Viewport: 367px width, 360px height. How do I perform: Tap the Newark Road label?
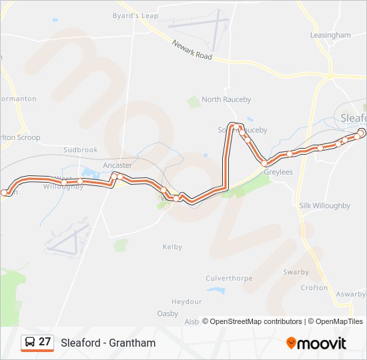point(192,51)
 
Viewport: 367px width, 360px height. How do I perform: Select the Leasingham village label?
point(330,35)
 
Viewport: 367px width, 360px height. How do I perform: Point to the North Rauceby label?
point(226,99)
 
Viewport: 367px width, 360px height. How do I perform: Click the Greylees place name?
point(278,172)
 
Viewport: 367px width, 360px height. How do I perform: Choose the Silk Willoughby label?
point(324,206)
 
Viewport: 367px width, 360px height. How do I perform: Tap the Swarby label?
point(296,272)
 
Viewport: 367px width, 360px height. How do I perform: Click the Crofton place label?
point(314,288)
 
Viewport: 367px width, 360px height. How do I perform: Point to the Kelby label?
point(172,247)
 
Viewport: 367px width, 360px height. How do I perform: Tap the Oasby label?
point(167,313)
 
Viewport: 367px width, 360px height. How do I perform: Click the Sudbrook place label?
point(80,150)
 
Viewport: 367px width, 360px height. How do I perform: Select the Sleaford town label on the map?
point(353,118)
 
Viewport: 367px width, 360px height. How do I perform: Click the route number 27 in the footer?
point(45,342)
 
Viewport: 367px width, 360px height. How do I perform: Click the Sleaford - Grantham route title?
point(108,343)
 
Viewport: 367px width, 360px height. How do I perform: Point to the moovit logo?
point(316,343)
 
